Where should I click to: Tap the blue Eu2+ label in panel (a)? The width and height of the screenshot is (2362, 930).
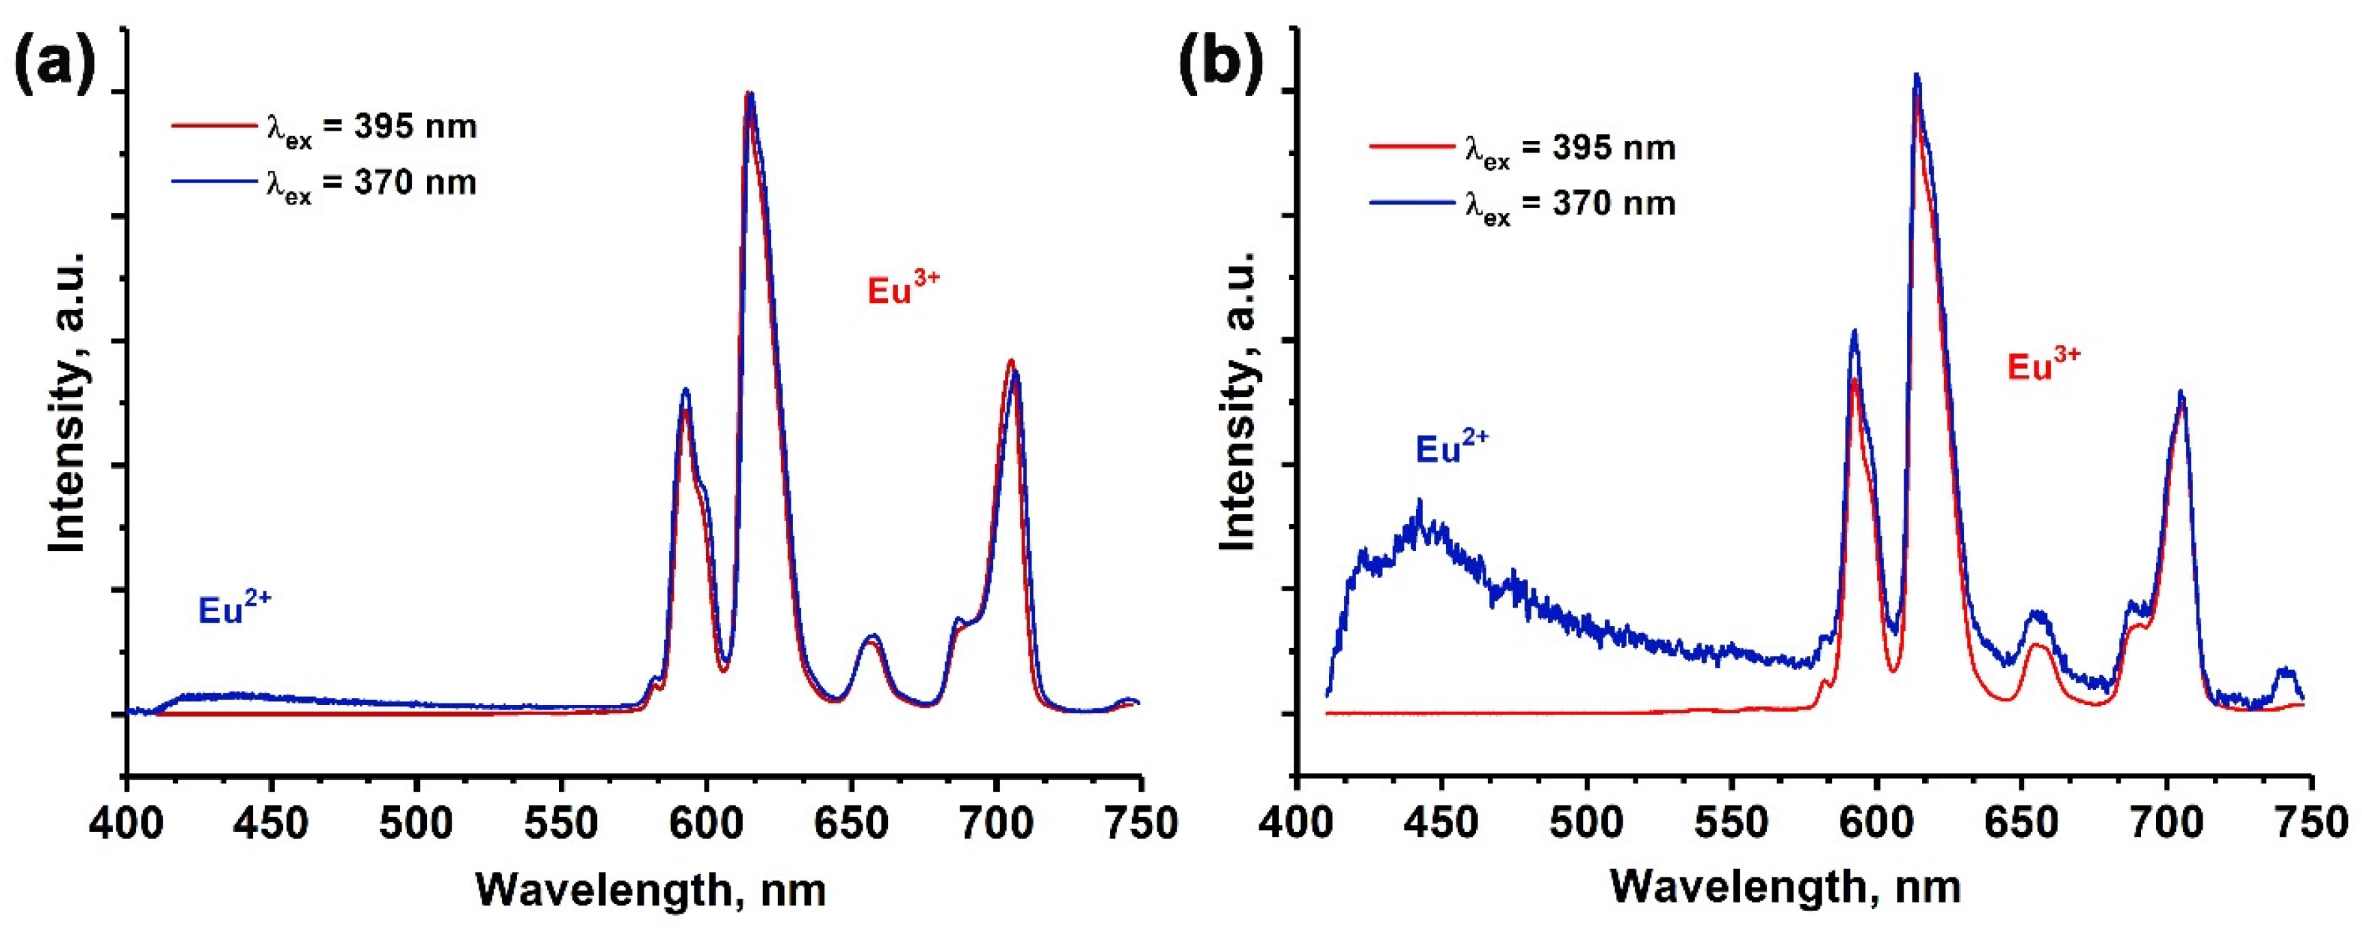click(235, 609)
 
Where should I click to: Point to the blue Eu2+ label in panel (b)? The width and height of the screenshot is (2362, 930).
click(1452, 448)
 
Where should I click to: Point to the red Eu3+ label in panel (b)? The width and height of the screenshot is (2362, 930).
click(2044, 365)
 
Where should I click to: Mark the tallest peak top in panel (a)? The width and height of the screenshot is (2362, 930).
click(749, 94)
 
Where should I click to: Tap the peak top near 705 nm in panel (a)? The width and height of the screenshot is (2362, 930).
click(1012, 361)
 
